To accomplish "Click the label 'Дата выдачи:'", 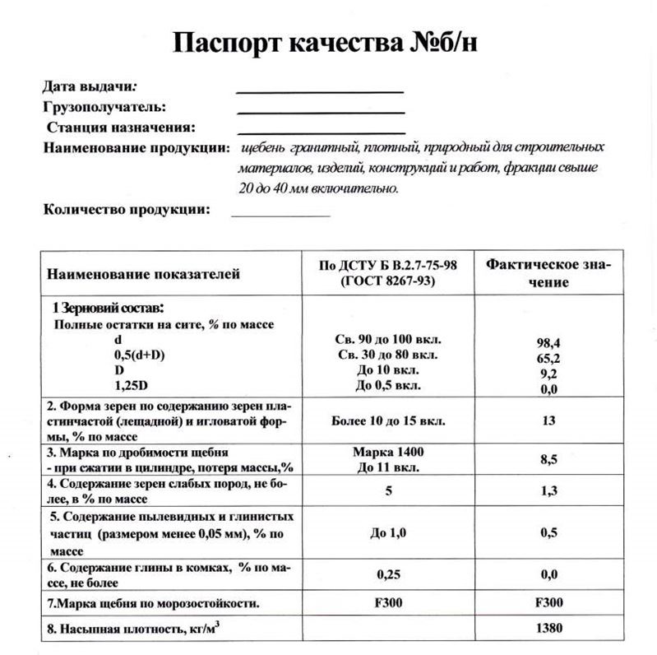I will (x=90, y=86).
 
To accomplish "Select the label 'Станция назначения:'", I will (x=121, y=128).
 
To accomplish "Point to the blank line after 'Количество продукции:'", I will (x=280, y=214).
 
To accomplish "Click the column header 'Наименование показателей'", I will (x=143, y=274).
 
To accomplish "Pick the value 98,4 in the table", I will (x=548, y=341).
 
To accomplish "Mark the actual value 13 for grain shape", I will (x=548, y=420).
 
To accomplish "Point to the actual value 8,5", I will (x=548, y=460).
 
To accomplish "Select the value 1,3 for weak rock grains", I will (x=548, y=491).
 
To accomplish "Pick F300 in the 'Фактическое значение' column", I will (x=548, y=602).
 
